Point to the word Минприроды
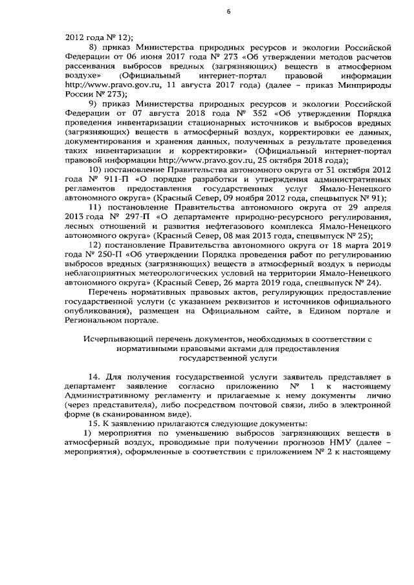pyautogui.click(x=362, y=84)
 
